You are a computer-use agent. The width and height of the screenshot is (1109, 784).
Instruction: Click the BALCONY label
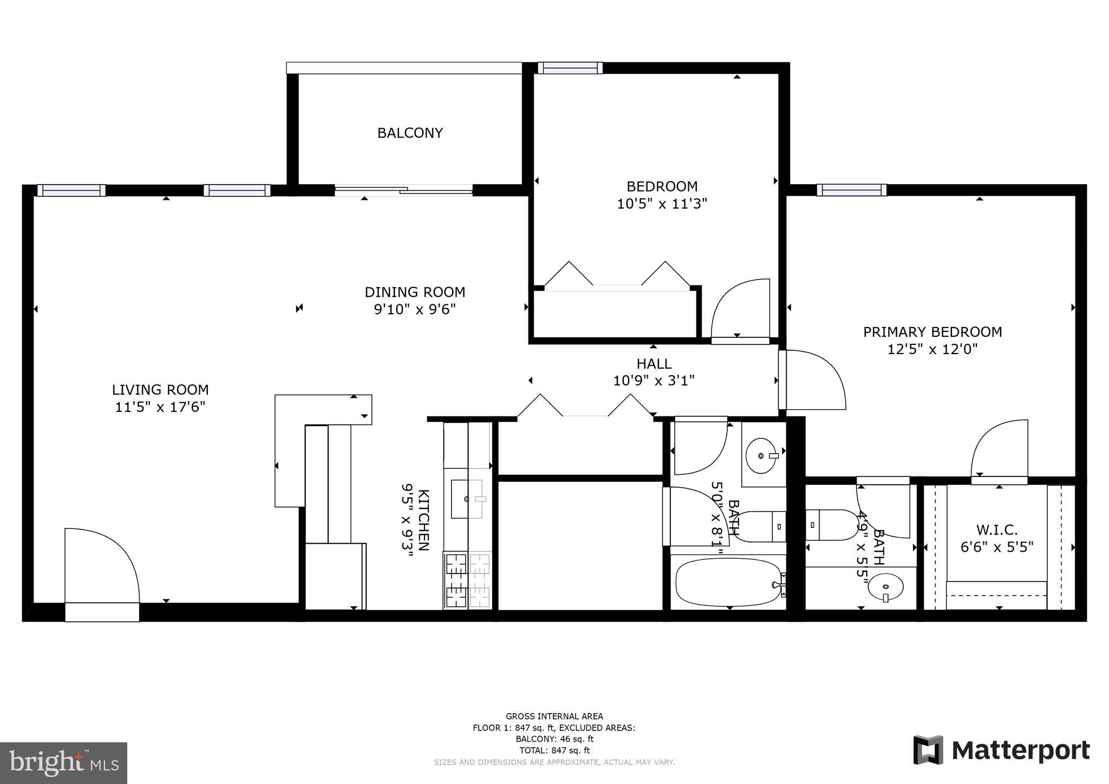[x=410, y=133]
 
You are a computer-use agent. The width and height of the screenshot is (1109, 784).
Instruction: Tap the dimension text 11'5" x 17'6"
[x=160, y=407]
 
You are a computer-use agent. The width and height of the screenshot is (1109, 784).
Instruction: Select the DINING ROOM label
[x=415, y=292]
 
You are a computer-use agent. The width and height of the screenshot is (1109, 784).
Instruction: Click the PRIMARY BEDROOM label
[x=932, y=332]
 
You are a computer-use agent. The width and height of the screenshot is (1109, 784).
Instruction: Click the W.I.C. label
[x=997, y=530]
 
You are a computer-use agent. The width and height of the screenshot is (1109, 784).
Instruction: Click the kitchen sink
[x=467, y=499]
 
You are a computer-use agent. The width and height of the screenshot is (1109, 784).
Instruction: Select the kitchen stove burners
[x=467, y=580]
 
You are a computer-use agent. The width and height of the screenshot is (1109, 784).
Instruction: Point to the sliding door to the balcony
[x=403, y=190]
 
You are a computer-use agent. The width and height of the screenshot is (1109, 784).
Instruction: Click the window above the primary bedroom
[x=851, y=190]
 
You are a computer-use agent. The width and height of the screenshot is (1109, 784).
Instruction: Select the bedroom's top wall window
[x=570, y=68]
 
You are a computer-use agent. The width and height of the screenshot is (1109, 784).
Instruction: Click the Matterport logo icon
[x=928, y=750]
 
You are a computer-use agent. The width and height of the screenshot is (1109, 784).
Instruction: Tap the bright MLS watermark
[x=63, y=763]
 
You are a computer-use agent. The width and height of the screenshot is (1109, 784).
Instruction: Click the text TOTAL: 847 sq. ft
[x=554, y=750]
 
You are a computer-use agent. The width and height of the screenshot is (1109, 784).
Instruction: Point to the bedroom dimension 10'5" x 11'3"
[x=662, y=204]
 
